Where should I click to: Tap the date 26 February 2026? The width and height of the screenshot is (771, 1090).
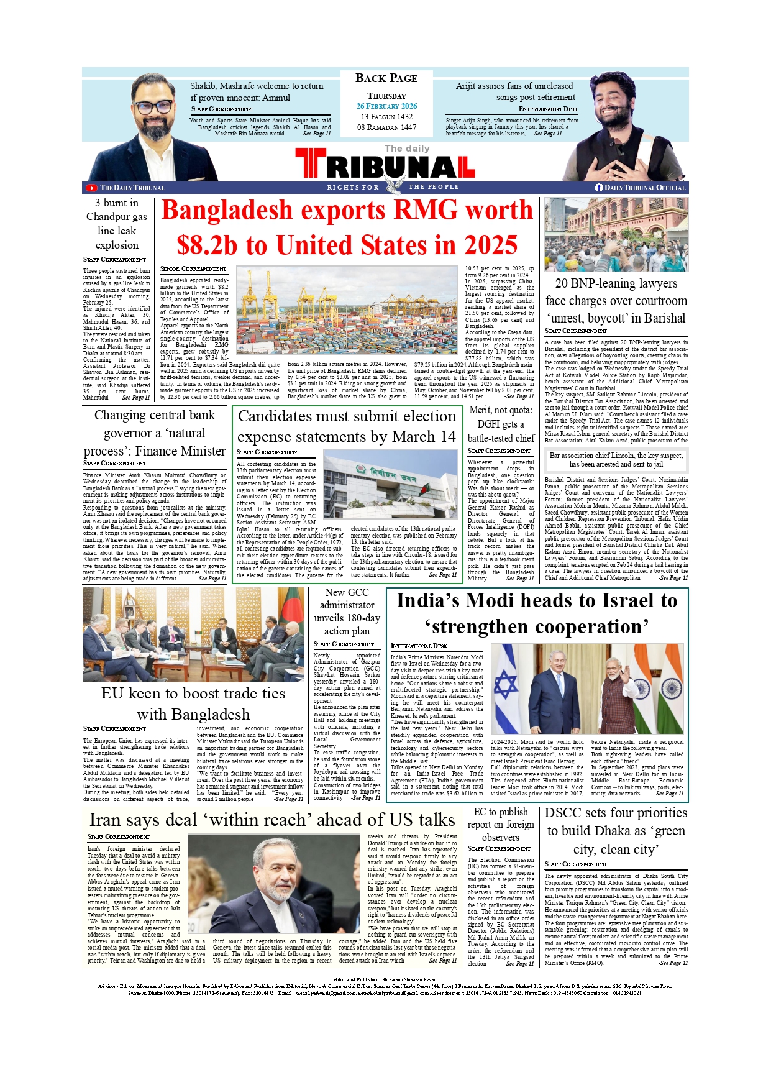(x=386, y=106)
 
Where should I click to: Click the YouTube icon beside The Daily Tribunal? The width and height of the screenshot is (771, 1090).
(x=92, y=188)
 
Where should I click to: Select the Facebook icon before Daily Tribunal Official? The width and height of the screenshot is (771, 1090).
(x=599, y=187)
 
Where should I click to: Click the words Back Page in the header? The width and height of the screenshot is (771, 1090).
(x=386, y=78)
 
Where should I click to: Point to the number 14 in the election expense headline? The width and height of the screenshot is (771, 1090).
(x=447, y=437)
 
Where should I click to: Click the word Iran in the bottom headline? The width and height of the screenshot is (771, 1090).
(x=105, y=820)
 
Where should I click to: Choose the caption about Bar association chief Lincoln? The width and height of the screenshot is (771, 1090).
(x=616, y=460)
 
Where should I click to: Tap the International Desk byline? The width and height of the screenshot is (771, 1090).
(x=419, y=646)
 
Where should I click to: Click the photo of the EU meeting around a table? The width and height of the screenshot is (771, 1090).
(x=194, y=634)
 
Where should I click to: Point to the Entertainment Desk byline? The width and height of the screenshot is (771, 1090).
(x=548, y=109)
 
